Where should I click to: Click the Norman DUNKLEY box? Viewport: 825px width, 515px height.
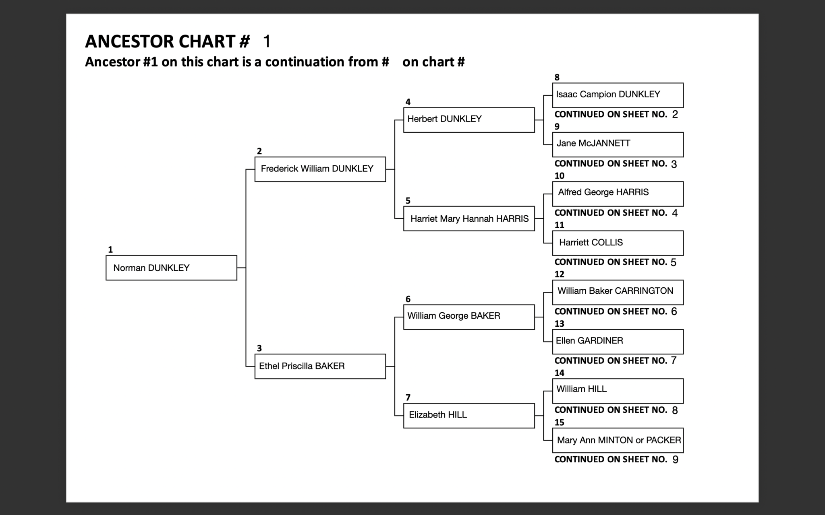coord(171,268)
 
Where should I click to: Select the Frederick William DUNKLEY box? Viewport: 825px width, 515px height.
coord(320,169)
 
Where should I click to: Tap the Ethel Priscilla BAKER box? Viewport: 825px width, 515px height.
coord(320,366)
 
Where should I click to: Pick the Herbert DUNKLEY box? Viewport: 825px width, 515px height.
coord(469,119)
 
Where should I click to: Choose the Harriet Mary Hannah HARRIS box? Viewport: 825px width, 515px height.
coord(469,218)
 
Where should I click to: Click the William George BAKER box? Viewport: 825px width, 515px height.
coord(469,317)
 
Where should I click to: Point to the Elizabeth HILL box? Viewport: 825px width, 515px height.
coord(469,415)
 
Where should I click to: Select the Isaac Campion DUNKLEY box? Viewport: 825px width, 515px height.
coord(618,95)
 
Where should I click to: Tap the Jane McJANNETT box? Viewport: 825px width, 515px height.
coord(618,144)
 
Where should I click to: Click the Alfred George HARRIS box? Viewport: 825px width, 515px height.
coord(618,194)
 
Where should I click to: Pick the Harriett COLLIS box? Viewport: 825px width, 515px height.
coord(618,243)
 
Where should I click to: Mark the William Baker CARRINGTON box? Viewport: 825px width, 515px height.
coord(618,292)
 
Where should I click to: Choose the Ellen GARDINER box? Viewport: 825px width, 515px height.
coord(618,342)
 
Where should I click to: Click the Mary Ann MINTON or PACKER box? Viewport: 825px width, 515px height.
coord(618,440)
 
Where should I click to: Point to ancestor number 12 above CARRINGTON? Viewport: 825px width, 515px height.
coord(560,274)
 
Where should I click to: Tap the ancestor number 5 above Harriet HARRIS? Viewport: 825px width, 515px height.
coord(408,200)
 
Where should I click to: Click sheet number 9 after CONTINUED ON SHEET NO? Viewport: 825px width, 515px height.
coord(675,459)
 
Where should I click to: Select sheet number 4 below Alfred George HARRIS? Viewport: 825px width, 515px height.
coord(675,213)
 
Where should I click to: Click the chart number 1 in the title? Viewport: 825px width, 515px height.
coord(267,41)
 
